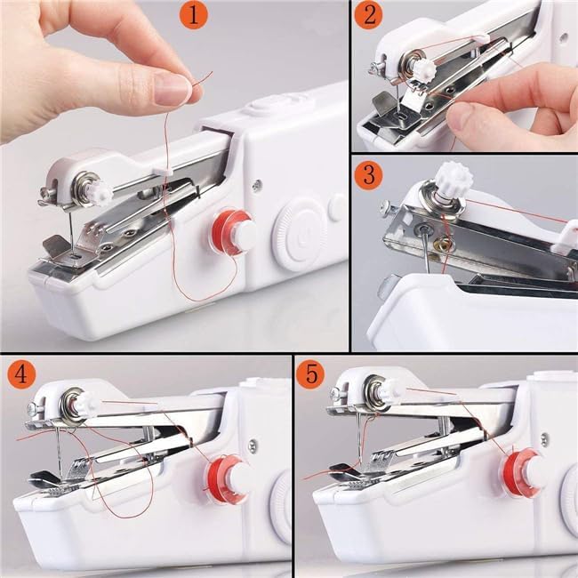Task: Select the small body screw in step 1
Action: pos(257,185)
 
